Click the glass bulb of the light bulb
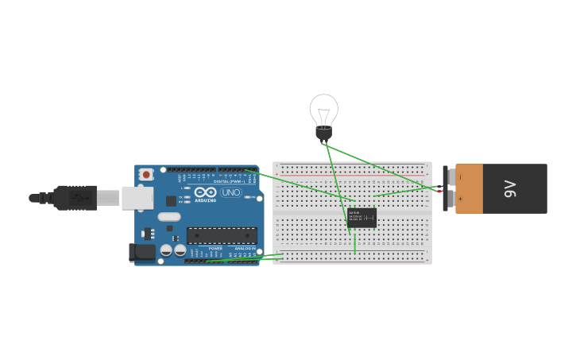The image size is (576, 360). (x=323, y=108)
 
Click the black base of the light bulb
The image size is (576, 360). (x=323, y=133)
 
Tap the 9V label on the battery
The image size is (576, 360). (x=510, y=188)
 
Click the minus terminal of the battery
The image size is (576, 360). (x=450, y=177)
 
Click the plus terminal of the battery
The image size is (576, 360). (x=450, y=199)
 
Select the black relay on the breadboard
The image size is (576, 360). (x=361, y=218)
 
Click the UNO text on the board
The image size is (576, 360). (x=231, y=192)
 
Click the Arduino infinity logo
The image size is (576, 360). (x=205, y=192)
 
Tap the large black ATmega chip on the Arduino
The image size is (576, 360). (x=222, y=235)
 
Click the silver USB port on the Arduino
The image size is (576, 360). (x=137, y=198)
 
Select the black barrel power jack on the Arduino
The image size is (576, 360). (x=142, y=252)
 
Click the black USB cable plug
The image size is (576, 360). (x=75, y=198)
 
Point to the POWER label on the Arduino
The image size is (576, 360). (x=215, y=248)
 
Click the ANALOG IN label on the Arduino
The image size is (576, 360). (x=244, y=248)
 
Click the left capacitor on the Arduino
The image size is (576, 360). (x=166, y=250)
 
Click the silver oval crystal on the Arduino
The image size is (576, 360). (x=169, y=216)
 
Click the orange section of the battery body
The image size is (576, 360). (x=470, y=188)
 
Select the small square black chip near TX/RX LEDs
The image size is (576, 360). (x=171, y=201)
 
